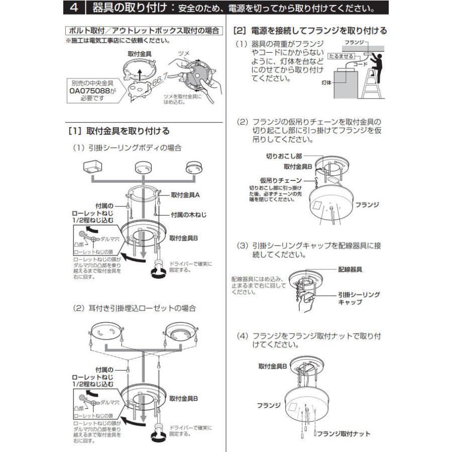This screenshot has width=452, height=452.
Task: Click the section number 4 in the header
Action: (74, 9)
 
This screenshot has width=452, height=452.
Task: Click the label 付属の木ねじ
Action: (188, 214)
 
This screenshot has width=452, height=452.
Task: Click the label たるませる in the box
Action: (341, 56)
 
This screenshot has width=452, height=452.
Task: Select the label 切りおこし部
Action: (284, 156)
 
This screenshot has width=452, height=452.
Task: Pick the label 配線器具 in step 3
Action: (350, 270)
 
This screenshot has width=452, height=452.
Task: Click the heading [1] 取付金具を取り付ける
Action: (119, 131)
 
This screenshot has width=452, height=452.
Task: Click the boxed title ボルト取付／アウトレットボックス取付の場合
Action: (144, 31)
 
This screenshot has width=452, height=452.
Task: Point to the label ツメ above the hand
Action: (184, 53)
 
